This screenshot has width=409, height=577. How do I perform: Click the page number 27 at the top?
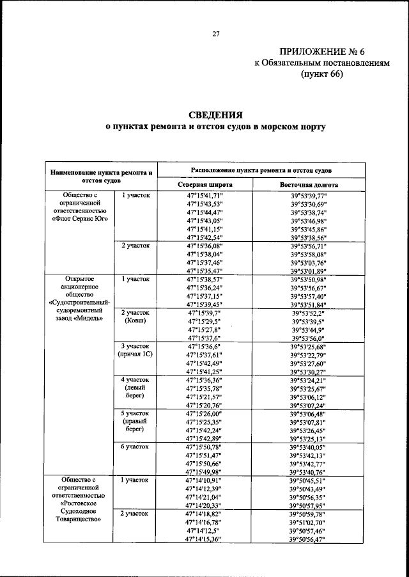(x=216, y=35)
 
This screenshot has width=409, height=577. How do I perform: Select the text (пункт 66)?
(x=322, y=74)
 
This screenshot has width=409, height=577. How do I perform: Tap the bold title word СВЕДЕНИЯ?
(x=215, y=115)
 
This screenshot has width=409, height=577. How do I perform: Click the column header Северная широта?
(x=204, y=184)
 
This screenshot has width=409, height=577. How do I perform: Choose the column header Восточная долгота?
(x=309, y=184)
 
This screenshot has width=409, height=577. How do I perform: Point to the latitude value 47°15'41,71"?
(x=204, y=194)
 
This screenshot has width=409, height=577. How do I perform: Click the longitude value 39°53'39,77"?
(x=309, y=194)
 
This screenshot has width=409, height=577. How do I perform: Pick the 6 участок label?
(x=135, y=446)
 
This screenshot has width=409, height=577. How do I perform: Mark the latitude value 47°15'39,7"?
(x=204, y=313)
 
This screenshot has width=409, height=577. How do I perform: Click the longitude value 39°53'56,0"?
(x=309, y=338)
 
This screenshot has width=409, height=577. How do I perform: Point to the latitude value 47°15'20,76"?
(x=204, y=405)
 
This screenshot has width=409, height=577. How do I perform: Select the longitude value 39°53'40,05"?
(x=309, y=447)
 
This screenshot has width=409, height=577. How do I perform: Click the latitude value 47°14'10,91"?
(x=204, y=480)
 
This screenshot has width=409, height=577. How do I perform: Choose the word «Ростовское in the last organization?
(x=79, y=504)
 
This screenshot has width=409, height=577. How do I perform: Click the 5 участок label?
(x=135, y=413)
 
